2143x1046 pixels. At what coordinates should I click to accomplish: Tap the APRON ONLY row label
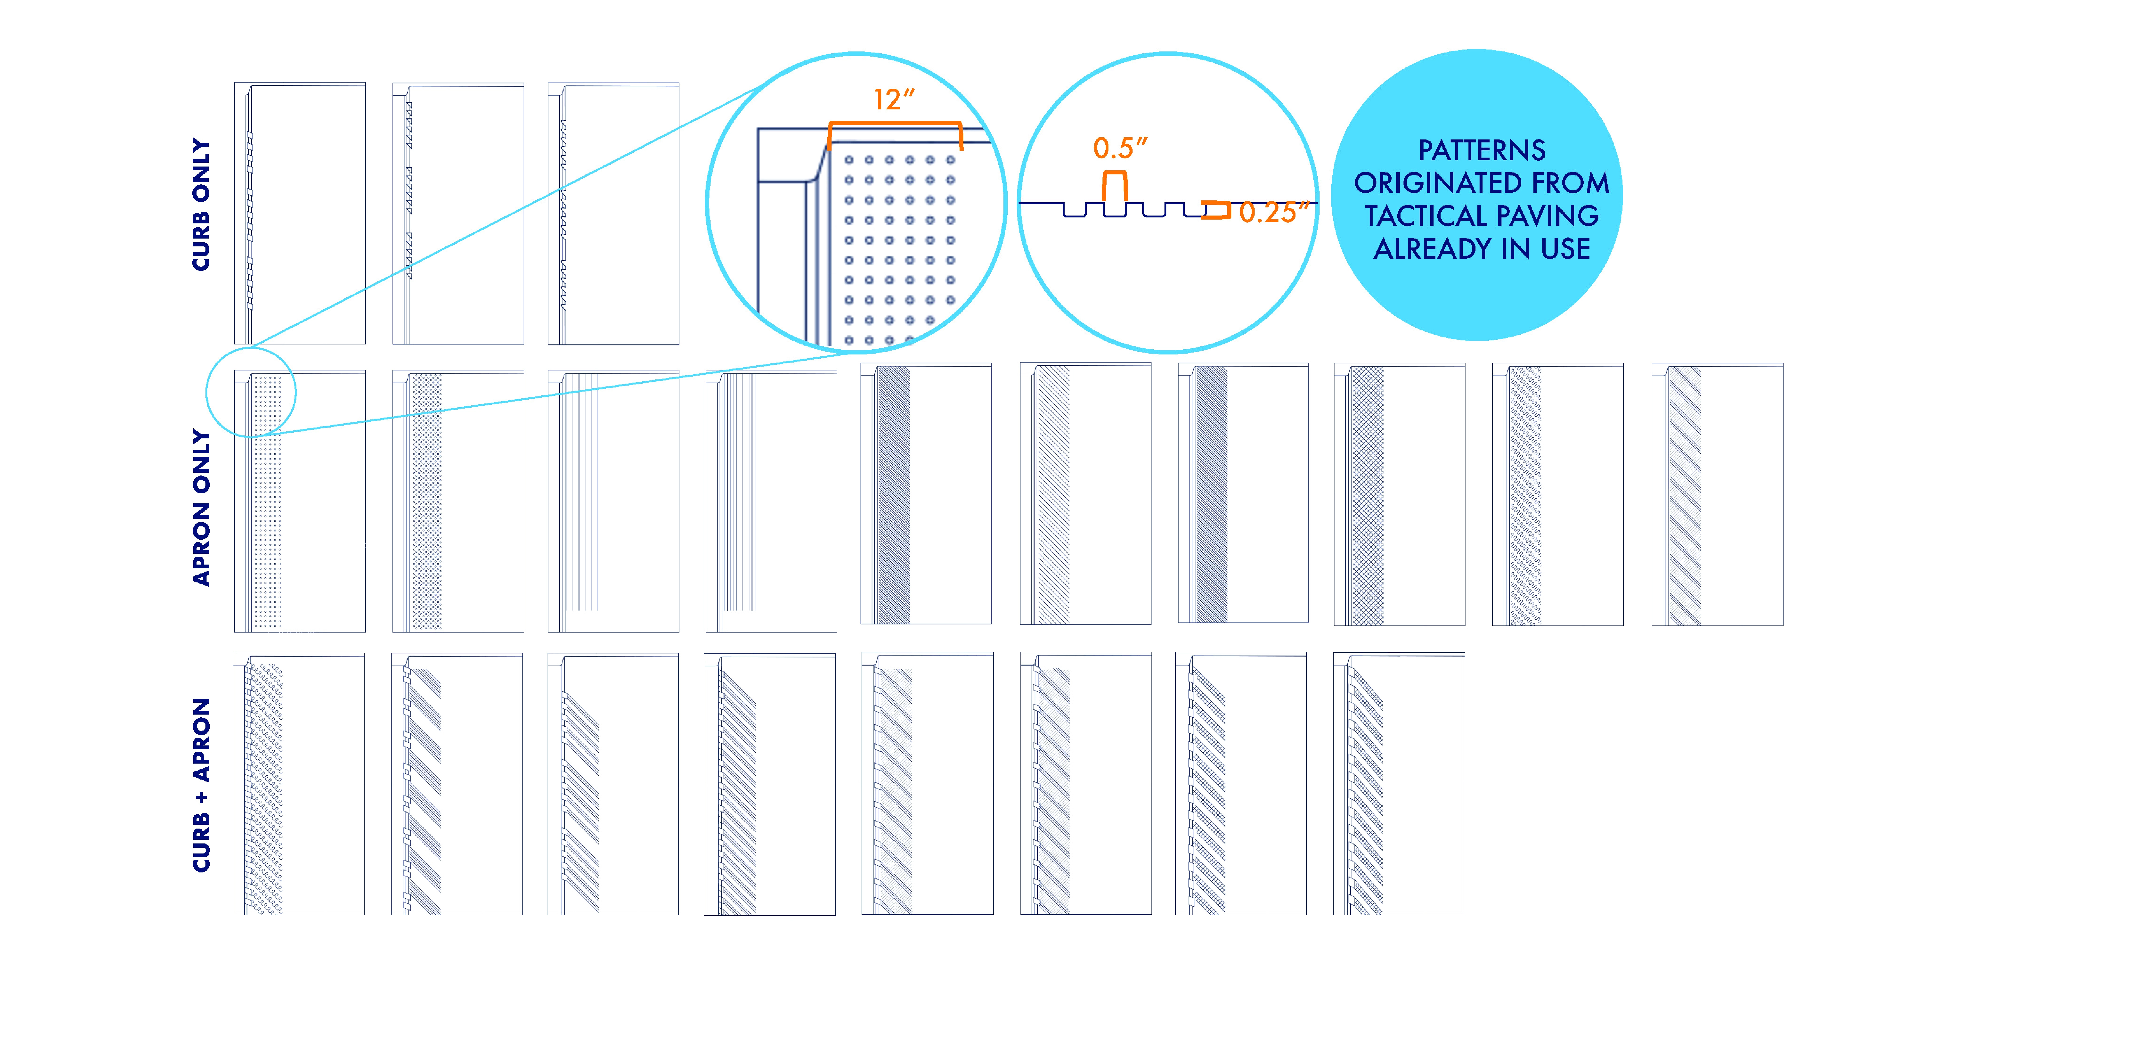point(201,508)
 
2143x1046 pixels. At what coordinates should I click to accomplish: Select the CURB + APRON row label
point(201,785)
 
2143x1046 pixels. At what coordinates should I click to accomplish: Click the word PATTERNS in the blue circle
point(1482,151)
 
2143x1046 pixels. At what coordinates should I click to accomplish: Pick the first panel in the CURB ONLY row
point(299,213)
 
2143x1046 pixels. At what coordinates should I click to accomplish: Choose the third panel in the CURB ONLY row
point(613,213)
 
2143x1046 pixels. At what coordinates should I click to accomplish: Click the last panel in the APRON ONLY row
point(1717,494)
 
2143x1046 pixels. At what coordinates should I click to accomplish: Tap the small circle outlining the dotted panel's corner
point(251,393)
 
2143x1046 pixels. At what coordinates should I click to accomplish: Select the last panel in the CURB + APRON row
point(1398,784)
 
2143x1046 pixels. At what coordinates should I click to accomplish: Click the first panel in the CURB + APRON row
point(299,784)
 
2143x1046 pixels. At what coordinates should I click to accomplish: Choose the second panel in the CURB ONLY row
point(457,213)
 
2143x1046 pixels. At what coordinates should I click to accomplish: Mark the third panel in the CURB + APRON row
point(613,784)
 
